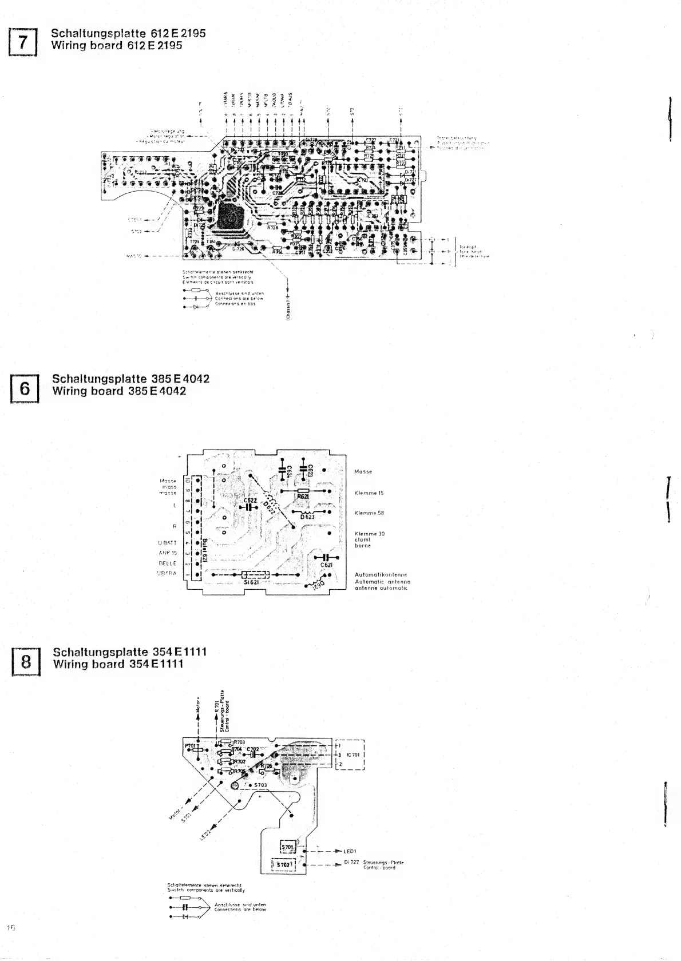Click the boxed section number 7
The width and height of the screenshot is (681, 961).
[22, 41]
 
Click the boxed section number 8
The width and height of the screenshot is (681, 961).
[26, 662]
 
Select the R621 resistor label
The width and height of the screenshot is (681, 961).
[303, 497]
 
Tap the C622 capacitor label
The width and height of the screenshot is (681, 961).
[250, 501]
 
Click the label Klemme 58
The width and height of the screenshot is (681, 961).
[369, 513]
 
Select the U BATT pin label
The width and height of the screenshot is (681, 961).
[168, 542]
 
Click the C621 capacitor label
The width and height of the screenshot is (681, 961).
[326, 565]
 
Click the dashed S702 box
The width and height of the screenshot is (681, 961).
[284, 865]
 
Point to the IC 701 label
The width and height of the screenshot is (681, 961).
[353, 755]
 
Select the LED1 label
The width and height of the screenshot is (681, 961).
[350, 851]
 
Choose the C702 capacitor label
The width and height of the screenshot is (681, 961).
[252, 749]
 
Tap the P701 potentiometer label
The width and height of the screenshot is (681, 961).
[191, 746]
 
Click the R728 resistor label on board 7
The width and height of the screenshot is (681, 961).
[272, 228]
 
